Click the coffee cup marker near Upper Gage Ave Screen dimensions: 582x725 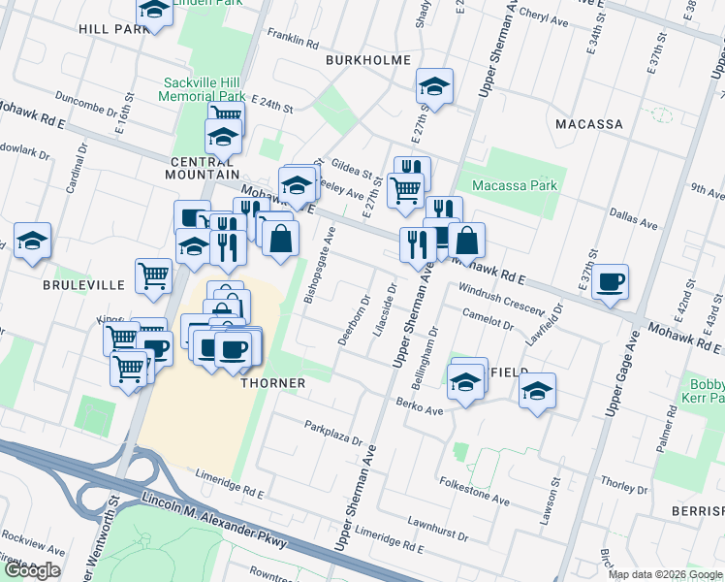click(611, 281)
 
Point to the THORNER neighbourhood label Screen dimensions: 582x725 click(273, 383)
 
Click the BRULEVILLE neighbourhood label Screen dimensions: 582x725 click(83, 285)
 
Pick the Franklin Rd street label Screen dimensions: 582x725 click(293, 44)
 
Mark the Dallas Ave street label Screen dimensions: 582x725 click(634, 218)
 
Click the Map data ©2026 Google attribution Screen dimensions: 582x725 click(666, 574)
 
